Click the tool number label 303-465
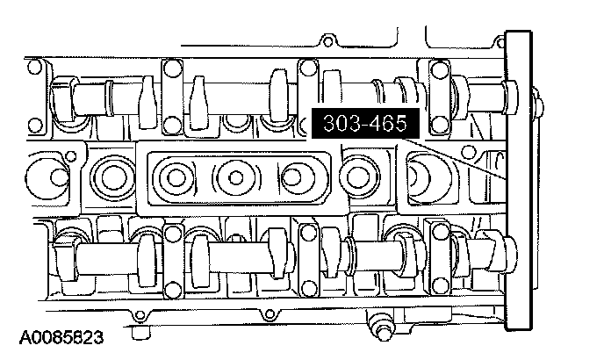click(365, 123)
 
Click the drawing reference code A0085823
click(61, 337)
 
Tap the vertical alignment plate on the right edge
click(519, 180)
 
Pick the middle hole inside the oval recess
click(236, 177)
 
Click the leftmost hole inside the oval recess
click(176, 177)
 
